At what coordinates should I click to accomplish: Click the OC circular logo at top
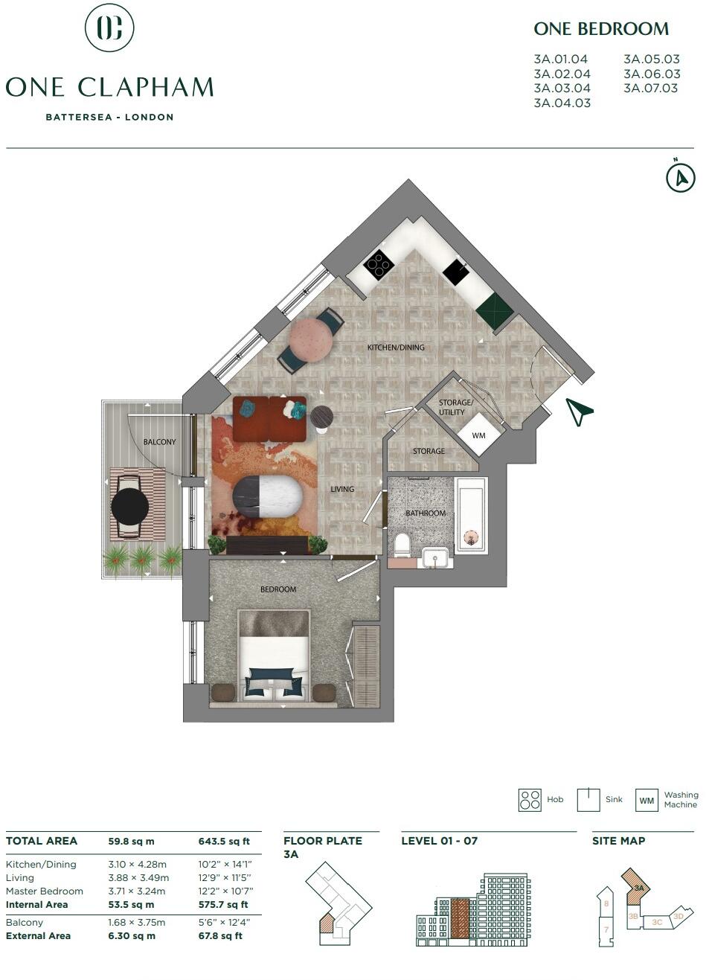pyautogui.click(x=109, y=28)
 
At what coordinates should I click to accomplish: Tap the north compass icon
pyautogui.click(x=680, y=178)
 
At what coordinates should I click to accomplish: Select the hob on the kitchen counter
pyautogui.click(x=378, y=264)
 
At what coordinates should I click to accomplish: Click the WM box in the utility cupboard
pyautogui.click(x=478, y=435)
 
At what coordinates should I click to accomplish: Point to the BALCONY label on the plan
pyautogui.click(x=159, y=442)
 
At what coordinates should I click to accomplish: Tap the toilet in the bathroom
pyautogui.click(x=402, y=544)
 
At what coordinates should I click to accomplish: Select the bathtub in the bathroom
pyautogui.click(x=470, y=515)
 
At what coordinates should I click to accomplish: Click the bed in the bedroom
pyautogui.click(x=273, y=655)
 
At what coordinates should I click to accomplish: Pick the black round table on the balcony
pyautogui.click(x=130, y=507)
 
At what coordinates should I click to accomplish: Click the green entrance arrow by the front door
pyautogui.click(x=578, y=411)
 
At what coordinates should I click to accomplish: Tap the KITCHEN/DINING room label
pyautogui.click(x=396, y=348)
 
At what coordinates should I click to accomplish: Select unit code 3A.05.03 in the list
pyautogui.click(x=652, y=60)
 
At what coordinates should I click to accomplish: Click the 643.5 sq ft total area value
pyautogui.click(x=224, y=842)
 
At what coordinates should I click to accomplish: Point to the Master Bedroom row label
pyautogui.click(x=45, y=891)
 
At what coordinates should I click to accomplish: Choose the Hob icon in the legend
pyautogui.click(x=530, y=800)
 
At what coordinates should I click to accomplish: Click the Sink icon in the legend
pyautogui.click(x=589, y=800)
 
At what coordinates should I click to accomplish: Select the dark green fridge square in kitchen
pyautogui.click(x=495, y=310)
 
